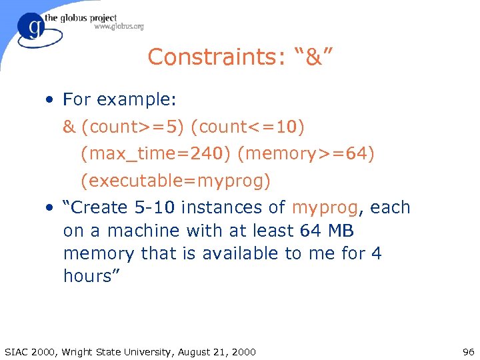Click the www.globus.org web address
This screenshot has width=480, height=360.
(119, 27)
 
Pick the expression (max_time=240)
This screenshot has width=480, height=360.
(155, 154)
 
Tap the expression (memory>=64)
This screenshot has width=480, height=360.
(306, 154)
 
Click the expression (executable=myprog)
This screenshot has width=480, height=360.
(175, 181)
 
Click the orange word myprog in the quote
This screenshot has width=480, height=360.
(325, 208)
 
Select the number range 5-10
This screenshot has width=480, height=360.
(155, 207)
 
